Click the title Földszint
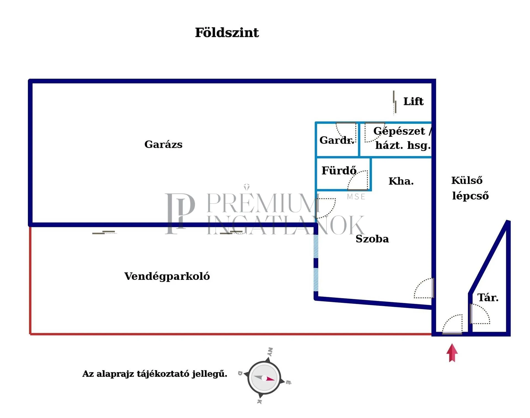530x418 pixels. [x=227, y=33]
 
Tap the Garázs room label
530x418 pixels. [x=163, y=144]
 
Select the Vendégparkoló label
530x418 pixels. [x=167, y=276]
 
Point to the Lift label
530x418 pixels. [x=413, y=101]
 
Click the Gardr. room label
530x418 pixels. [x=336, y=140]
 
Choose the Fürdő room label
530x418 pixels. [x=339, y=171]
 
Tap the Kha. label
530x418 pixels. [x=401, y=181]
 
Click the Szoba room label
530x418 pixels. [x=372, y=239]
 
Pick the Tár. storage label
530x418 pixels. [x=488, y=298]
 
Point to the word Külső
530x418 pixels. [x=467, y=181]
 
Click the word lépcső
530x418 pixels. [x=470, y=196]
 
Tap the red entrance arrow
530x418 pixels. [x=452, y=353]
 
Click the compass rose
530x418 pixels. [x=264, y=378]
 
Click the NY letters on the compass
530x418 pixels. [x=270, y=352]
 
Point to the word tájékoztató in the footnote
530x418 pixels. [x=163, y=374]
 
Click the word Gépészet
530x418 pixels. [x=399, y=131]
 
